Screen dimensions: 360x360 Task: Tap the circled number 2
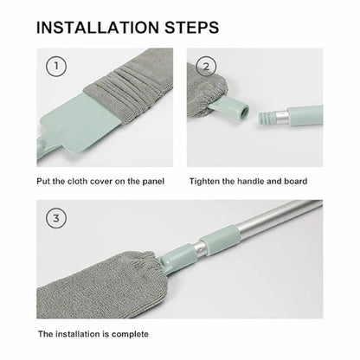tap(206, 67)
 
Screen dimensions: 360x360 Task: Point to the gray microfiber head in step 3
tap(104, 277)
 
